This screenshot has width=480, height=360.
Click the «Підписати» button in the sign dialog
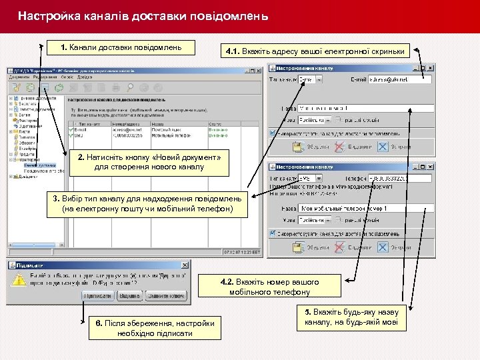tap(97, 295)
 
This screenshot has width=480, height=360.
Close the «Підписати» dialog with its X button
tap(185, 265)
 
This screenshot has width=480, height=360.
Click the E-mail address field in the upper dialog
tap(399, 79)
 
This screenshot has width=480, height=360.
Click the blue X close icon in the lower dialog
tap(383, 247)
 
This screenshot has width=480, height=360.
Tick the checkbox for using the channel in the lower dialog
tap(273, 233)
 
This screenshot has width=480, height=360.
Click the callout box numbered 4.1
tap(315, 51)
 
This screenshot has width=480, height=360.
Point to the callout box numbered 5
tap(351, 317)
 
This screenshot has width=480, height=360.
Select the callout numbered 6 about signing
tap(155, 328)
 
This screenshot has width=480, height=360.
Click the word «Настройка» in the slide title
tap(47, 15)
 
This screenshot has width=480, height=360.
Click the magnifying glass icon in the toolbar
tap(129, 87)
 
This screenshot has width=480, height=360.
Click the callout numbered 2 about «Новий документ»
tap(149, 162)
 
